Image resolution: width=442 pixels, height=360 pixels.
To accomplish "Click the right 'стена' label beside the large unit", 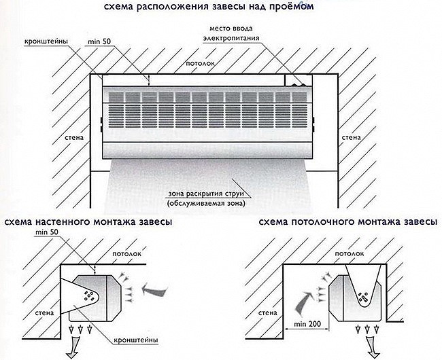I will pos(351,138).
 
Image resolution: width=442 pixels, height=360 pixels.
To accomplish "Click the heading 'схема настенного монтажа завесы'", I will pos(88,222).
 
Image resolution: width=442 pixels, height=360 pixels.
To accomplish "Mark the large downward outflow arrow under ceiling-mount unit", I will pos(370,347).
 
